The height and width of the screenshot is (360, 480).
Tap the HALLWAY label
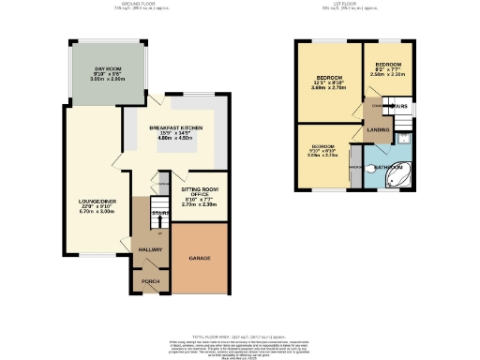coord(150,249)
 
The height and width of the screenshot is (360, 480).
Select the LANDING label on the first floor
coord(379,129)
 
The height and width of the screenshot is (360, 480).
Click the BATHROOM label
coord(386,167)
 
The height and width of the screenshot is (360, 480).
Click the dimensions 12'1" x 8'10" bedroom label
coord(328,82)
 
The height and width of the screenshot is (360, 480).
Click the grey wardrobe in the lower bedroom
coord(354,166)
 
